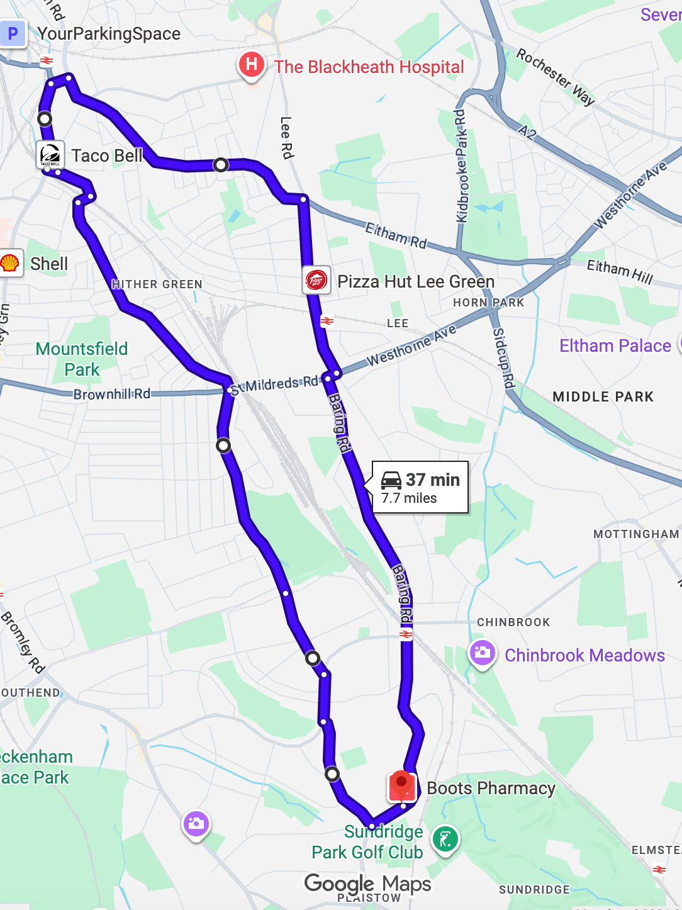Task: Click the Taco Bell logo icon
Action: coord(50,155)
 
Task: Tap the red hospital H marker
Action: coord(251,65)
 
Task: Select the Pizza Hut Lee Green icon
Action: coord(316,280)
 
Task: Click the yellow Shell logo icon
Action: coord(10,263)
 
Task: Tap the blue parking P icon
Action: coord(13,33)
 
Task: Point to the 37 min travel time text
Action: coord(433,480)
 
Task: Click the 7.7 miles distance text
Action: coord(409,498)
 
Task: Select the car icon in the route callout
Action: coord(391,480)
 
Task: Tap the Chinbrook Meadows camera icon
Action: coord(483,653)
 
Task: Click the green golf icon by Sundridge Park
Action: coord(445,839)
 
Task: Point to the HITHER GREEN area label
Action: coord(157,284)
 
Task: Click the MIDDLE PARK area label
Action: coord(603,396)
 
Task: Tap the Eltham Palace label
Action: coord(615,345)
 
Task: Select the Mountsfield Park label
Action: coord(82,359)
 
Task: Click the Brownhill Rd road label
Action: coord(112,394)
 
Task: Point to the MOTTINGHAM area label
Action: coord(635,534)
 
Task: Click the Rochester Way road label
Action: coord(555,77)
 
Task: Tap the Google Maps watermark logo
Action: coord(367,884)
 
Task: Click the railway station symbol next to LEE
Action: coord(327,321)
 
